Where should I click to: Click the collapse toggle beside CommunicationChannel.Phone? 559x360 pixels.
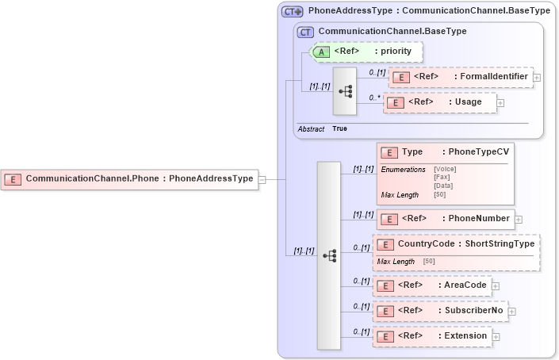[x=262, y=179]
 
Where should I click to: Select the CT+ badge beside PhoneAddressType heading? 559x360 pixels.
[x=293, y=12]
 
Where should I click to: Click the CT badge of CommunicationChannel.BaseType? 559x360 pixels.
[x=305, y=32]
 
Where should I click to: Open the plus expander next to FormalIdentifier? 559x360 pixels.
[x=537, y=78]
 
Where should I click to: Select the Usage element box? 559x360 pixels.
[x=439, y=102]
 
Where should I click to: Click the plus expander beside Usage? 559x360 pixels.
[x=500, y=103]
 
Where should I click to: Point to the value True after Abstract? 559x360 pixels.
[x=339, y=128]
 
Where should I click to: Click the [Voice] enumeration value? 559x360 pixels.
[x=445, y=169]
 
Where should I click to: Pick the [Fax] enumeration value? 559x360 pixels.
[x=443, y=178]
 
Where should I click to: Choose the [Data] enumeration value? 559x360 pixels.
[x=443, y=186]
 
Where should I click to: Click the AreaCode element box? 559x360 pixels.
[x=431, y=285]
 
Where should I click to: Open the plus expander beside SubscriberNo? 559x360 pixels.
[x=511, y=311]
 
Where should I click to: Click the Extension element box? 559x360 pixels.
[x=432, y=336]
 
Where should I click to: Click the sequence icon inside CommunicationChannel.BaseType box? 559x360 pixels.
[x=345, y=90]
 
